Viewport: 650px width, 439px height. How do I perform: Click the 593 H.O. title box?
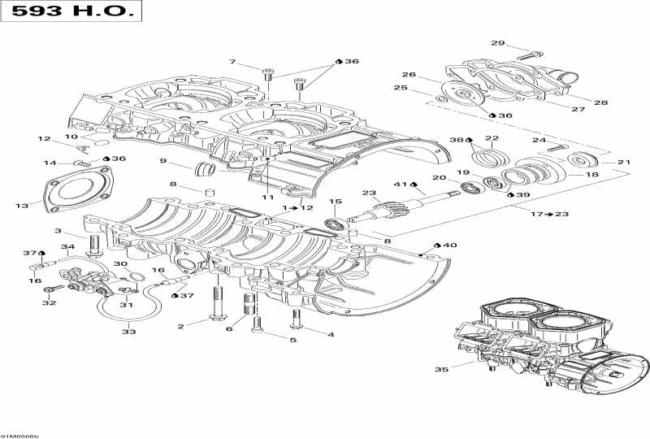click(71, 13)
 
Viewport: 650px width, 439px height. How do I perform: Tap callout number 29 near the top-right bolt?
click(497, 43)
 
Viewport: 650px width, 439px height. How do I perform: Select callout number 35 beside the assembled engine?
click(441, 370)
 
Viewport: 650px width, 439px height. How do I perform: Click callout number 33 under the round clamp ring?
click(129, 332)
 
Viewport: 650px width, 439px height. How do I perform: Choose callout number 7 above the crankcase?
click(232, 62)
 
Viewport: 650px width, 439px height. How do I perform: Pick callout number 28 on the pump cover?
click(600, 103)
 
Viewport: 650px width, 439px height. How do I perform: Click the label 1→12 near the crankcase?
click(297, 208)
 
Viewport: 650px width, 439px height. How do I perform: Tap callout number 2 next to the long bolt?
click(181, 326)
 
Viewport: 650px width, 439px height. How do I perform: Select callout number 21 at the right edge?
click(623, 163)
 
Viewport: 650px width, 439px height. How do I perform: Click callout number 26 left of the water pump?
click(408, 75)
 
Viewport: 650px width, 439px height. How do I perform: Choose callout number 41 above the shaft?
click(401, 184)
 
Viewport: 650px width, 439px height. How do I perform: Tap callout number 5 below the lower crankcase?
click(270, 340)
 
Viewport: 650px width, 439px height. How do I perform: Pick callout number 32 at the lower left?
click(49, 302)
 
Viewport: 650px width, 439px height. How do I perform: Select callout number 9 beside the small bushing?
click(162, 161)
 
